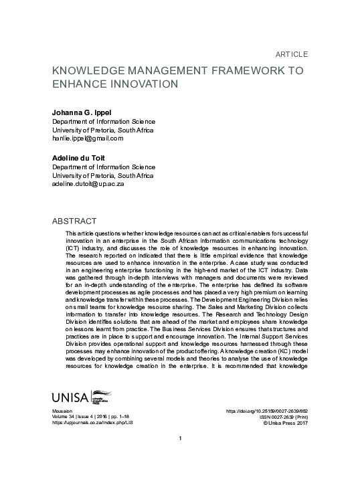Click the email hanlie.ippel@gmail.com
pyautogui.click(x=88, y=138)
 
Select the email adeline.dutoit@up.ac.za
pyautogui.click(x=92, y=183)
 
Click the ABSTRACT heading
pyautogui.click(x=74, y=221)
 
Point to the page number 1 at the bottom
pyautogui.click(x=181, y=457)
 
